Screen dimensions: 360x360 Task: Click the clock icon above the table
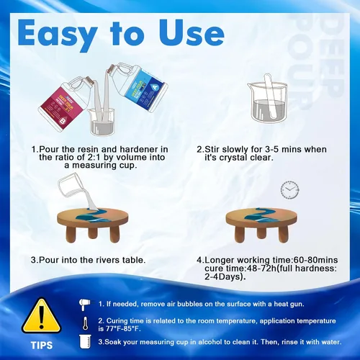(290, 190)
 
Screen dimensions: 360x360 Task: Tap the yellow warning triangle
(41, 316)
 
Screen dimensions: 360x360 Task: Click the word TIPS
(42, 346)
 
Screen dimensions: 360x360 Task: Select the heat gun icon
(84, 304)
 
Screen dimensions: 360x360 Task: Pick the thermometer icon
(85, 323)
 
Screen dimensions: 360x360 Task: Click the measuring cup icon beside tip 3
(85, 341)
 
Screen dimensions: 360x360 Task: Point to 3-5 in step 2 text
(271, 149)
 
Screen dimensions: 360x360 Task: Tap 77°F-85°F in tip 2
(122, 328)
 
